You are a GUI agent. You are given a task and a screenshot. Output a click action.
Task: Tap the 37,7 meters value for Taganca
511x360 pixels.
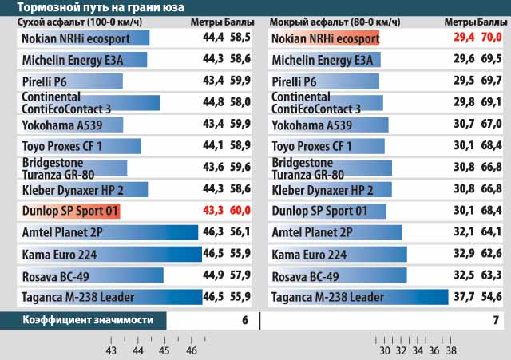coord(463,296)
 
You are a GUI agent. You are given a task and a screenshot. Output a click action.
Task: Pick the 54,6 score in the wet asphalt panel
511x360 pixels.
coord(491,296)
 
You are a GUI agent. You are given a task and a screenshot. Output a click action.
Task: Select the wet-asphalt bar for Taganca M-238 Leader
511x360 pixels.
coord(358,297)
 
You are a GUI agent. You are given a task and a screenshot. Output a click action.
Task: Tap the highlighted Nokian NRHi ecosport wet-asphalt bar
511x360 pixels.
coord(323,38)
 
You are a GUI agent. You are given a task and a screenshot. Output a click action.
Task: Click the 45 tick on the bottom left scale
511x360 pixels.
coord(164,350)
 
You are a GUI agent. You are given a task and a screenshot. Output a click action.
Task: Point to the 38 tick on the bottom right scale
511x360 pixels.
coord(451,350)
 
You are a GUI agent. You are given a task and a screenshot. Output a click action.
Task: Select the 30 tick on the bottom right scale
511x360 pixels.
coord(384,350)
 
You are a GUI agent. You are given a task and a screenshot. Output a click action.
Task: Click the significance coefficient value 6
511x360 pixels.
coord(244,320)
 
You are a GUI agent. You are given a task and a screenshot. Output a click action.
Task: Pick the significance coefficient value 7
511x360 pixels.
coord(496,320)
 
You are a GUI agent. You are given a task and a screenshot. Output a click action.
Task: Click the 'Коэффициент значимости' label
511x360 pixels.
coord(77,320)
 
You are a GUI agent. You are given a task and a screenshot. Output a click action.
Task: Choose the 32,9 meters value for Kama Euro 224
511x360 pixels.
coord(463,254)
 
